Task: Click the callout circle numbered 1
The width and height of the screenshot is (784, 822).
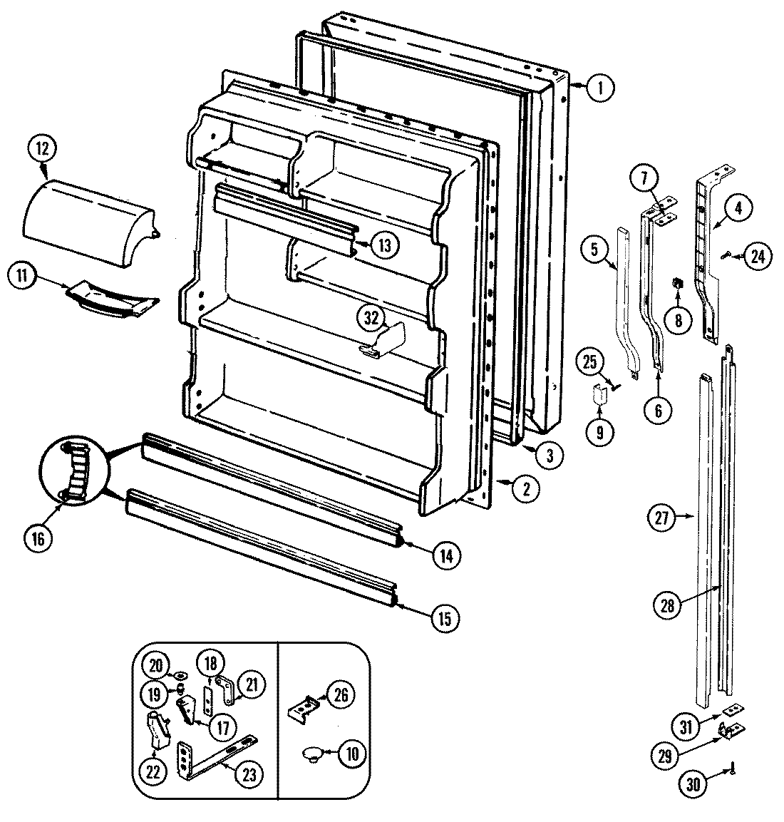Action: click(x=601, y=88)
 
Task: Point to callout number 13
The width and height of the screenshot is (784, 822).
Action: click(x=384, y=246)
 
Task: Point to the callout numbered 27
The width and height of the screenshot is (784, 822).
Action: click(x=662, y=518)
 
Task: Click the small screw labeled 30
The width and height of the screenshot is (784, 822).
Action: click(x=731, y=769)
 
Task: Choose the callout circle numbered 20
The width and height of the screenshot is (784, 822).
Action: click(x=157, y=664)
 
